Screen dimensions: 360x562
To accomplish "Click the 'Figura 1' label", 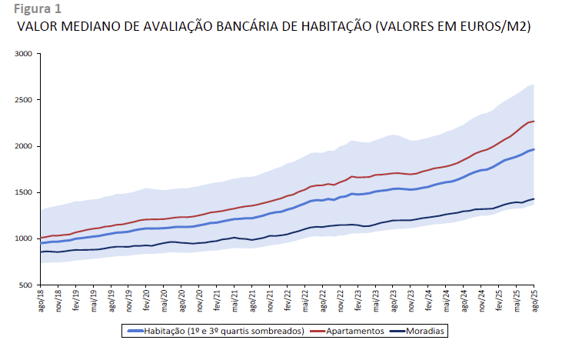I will (x=32, y=9).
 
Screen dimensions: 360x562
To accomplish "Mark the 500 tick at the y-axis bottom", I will (x=25, y=285).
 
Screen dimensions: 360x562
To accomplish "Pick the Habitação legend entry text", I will (x=223, y=331).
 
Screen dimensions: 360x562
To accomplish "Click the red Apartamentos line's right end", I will (x=534, y=121).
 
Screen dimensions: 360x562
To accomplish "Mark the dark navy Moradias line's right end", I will (x=534, y=199).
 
